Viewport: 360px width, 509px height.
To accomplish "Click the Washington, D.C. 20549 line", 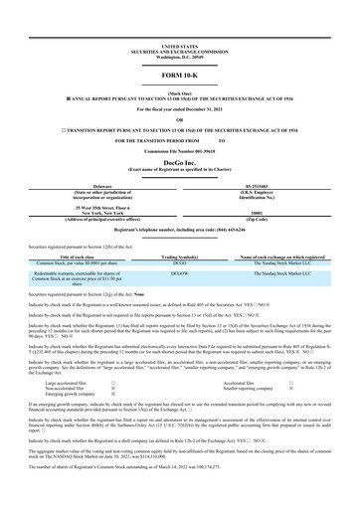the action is click(179, 29).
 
